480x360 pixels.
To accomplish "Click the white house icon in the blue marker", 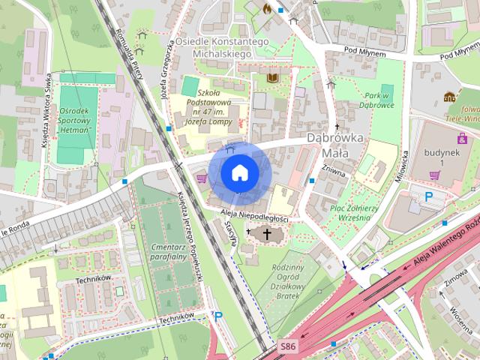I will (x=238, y=172).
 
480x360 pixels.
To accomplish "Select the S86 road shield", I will (x=287, y=346).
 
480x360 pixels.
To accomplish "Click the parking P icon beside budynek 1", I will (x=430, y=197).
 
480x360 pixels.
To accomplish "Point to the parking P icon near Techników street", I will (x=218, y=317).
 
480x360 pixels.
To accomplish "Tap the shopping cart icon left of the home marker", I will (x=201, y=178).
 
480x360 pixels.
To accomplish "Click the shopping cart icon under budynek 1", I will (x=434, y=175).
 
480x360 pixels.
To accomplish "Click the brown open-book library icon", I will (x=274, y=77).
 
